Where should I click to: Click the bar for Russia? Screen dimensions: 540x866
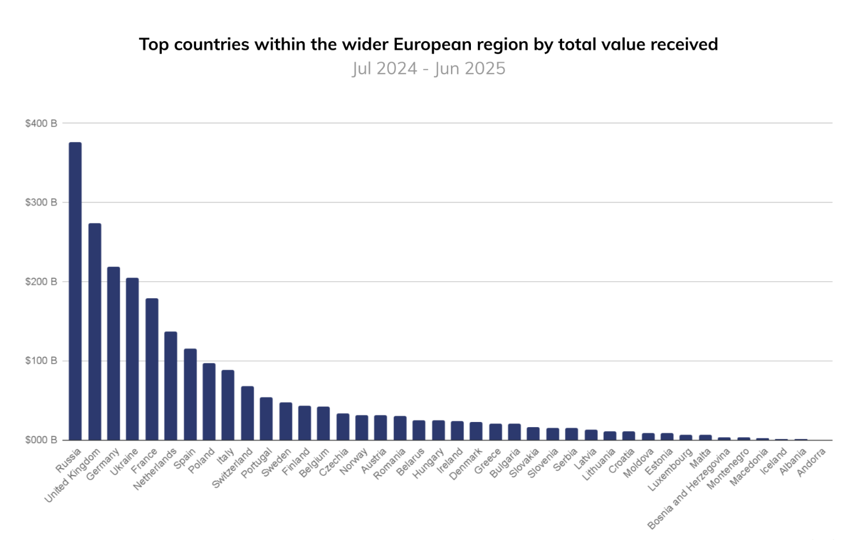(75, 291)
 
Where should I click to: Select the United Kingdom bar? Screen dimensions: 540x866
(95, 331)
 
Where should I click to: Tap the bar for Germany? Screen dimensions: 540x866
(113, 353)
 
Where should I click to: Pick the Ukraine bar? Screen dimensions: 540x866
(132, 359)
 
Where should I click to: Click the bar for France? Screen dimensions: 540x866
(152, 369)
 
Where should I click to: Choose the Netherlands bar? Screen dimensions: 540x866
(170, 385)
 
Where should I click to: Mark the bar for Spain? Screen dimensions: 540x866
(190, 394)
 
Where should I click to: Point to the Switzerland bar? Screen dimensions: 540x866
(247, 413)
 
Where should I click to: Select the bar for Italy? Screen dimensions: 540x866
(228, 405)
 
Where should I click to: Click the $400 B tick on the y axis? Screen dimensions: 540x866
(41, 123)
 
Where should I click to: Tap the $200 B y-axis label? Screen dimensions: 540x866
(41, 282)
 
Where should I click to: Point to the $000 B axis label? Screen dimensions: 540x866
(41, 440)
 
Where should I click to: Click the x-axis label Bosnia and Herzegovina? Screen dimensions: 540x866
(689, 489)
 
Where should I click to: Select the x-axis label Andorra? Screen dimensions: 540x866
(811, 462)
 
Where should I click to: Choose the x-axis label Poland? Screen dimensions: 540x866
(202, 461)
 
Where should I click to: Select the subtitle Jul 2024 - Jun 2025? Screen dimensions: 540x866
(429, 68)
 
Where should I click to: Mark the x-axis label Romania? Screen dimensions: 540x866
(390, 464)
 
